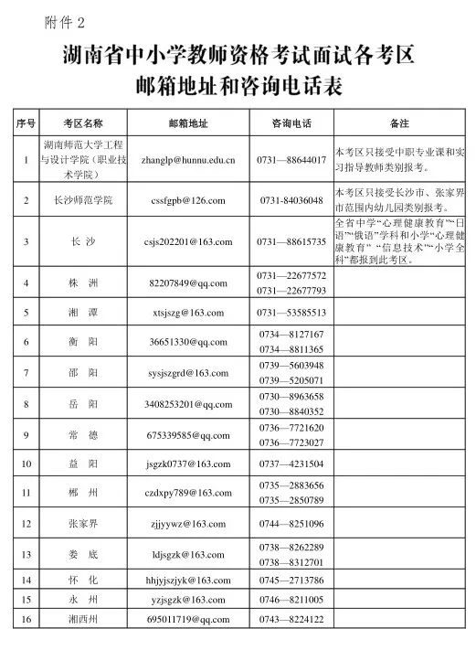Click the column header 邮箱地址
(188, 123)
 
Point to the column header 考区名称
(83, 123)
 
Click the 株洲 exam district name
(83, 283)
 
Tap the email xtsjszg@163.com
(187, 313)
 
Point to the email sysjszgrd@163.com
(188, 372)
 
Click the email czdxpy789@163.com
(188, 494)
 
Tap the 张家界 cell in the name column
(83, 524)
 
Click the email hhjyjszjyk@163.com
(188, 580)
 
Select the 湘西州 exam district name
(83, 621)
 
